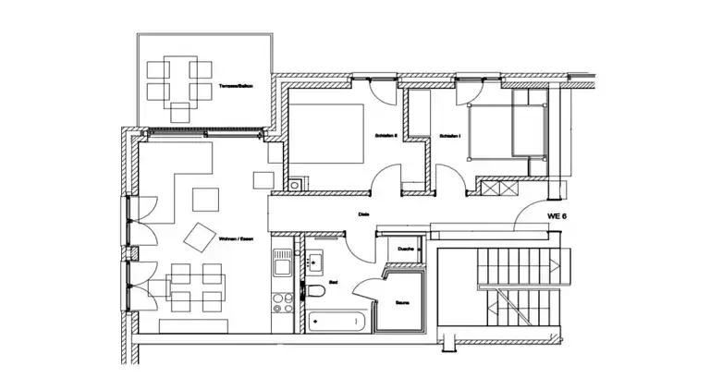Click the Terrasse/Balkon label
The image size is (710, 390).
point(236,86)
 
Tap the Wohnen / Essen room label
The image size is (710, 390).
point(236,239)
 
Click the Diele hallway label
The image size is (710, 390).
point(364,215)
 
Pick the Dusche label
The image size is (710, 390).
point(405,250)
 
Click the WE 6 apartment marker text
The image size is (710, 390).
point(557,215)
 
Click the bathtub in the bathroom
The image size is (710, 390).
point(337,321)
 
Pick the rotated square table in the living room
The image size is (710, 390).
point(199,237)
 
